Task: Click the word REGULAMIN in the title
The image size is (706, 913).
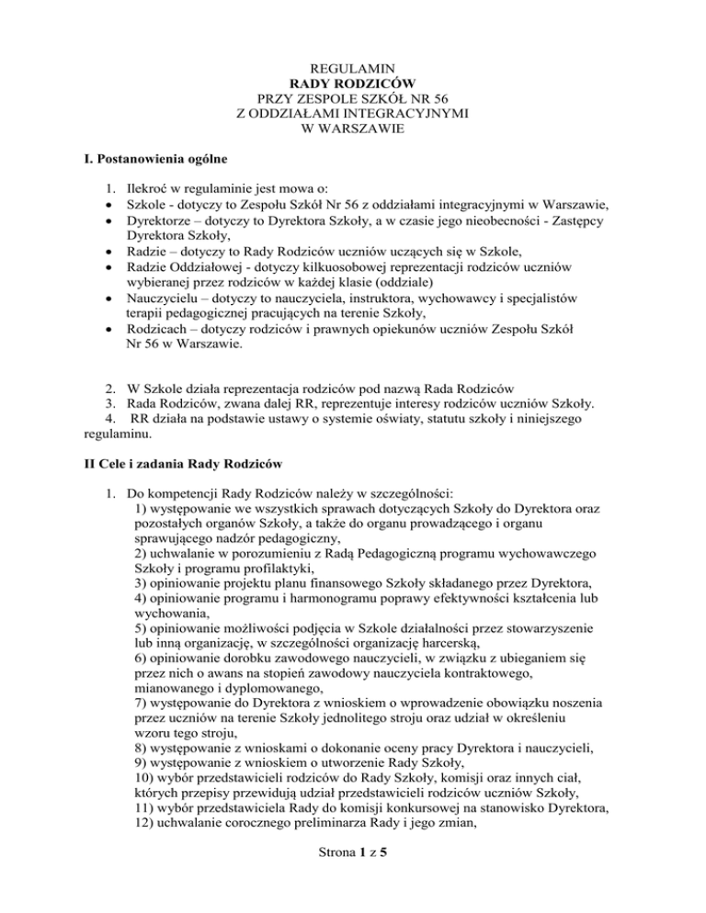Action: [x=353, y=68]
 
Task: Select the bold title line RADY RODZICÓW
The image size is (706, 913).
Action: [x=353, y=83]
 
